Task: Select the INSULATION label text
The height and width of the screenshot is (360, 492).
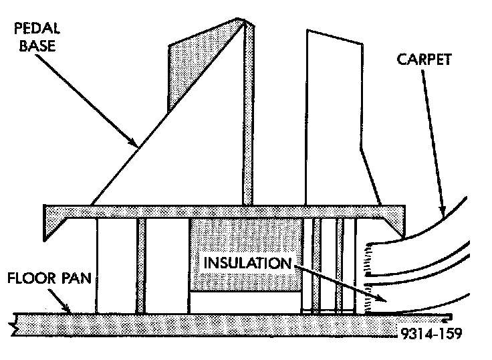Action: [x=247, y=262]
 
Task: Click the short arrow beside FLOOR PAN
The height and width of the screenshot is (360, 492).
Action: [x=66, y=306]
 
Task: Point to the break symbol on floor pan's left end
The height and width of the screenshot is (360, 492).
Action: [x=15, y=327]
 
